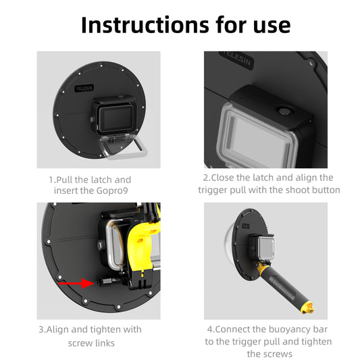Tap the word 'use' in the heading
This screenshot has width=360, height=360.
point(266,24)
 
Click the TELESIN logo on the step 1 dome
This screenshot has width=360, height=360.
point(84,88)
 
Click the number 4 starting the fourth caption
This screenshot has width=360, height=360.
point(209,329)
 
